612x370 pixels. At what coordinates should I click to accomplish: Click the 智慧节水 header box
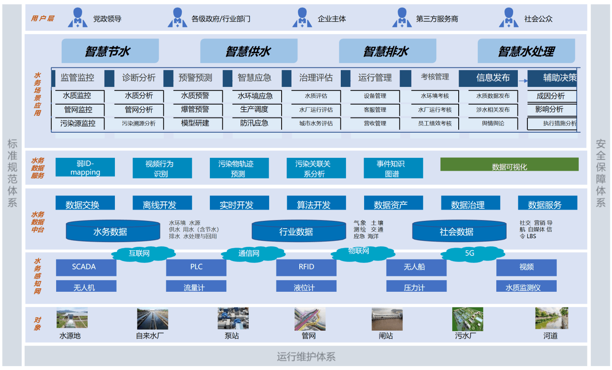110,51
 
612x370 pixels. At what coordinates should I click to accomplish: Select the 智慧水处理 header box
526,51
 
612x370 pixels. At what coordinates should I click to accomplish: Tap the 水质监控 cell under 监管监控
77,96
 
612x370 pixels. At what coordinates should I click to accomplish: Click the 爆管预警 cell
195,109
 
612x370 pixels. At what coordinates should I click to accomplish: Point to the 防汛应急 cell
254,123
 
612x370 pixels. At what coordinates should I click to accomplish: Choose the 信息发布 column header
493,78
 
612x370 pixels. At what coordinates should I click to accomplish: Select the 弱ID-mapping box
85,168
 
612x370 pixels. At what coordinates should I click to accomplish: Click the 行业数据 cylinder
296,232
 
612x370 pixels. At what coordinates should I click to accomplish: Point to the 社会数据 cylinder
457,232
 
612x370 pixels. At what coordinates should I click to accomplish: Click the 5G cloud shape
469,253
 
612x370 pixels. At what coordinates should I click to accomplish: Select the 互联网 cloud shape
139,253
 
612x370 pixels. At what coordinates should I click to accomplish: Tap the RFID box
306,267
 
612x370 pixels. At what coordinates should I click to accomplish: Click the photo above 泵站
233,319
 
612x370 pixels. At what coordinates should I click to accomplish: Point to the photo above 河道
551,319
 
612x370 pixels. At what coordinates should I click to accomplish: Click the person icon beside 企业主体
302,18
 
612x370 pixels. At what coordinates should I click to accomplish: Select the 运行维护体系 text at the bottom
306,357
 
